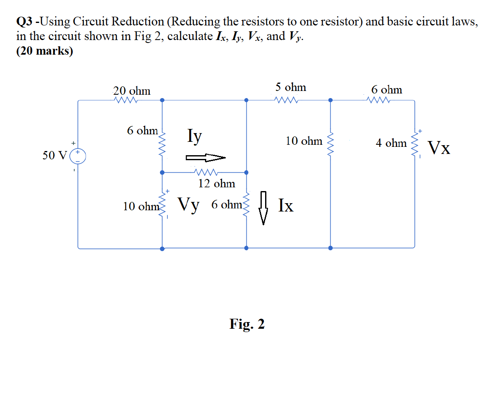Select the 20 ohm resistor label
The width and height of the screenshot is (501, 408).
(132, 91)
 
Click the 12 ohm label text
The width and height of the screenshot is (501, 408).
(216, 183)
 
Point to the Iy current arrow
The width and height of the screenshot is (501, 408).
(205, 158)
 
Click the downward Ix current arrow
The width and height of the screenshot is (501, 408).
(263, 208)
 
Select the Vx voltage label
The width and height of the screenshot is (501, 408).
(439, 148)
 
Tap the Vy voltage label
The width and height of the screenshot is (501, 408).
(189, 204)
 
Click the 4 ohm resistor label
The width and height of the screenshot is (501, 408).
(391, 143)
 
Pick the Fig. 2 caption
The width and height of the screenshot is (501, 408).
(247, 324)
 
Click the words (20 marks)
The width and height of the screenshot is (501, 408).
(44, 51)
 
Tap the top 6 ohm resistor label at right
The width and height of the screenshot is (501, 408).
(387, 90)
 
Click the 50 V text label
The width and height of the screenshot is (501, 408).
(54, 156)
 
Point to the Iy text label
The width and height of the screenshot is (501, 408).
(195, 136)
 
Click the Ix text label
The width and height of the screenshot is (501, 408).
(286, 205)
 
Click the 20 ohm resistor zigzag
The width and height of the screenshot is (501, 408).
(126, 100)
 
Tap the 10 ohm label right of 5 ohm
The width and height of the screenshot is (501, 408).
(304, 141)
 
